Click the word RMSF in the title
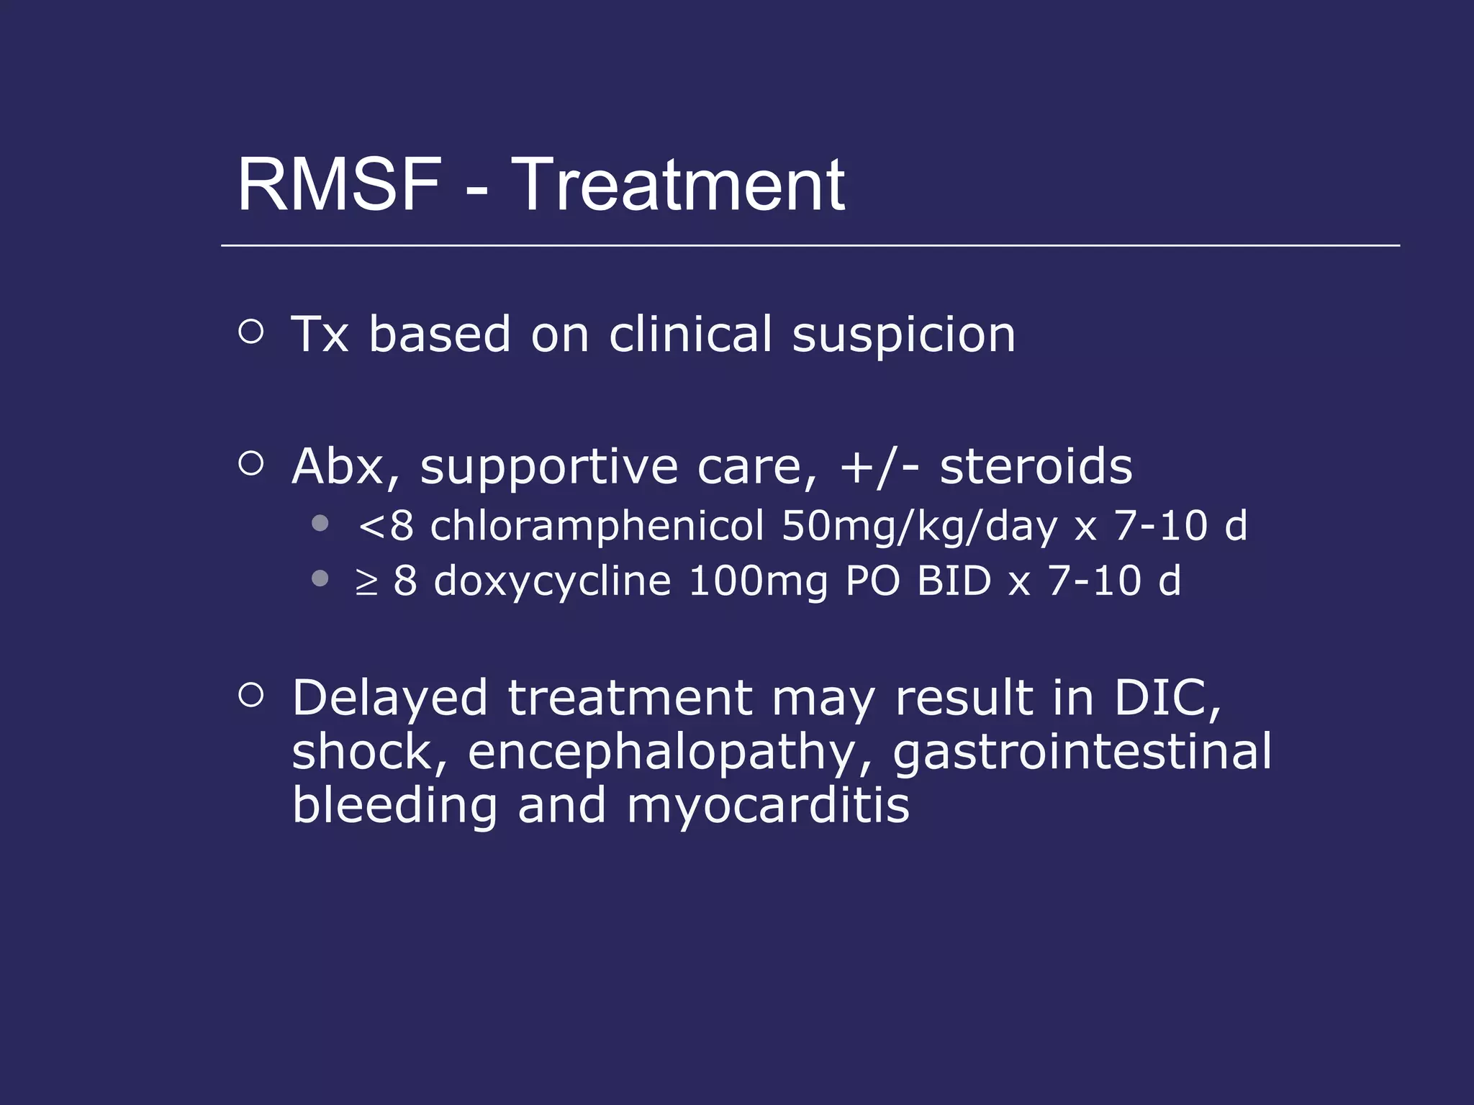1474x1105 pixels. [x=339, y=186]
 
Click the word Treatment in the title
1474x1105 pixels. [x=678, y=186]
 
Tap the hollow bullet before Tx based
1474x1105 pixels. [x=250, y=332]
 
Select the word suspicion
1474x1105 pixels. [x=903, y=335]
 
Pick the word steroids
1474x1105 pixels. [x=1036, y=467]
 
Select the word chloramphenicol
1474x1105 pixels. [x=597, y=526]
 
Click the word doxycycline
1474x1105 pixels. [x=552, y=581]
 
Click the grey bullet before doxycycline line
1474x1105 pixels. [x=320, y=578]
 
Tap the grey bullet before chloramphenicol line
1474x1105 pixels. [x=320, y=523]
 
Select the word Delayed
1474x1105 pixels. [x=389, y=699]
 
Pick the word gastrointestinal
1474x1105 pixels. [x=1082, y=752]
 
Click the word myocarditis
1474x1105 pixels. [x=768, y=806]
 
